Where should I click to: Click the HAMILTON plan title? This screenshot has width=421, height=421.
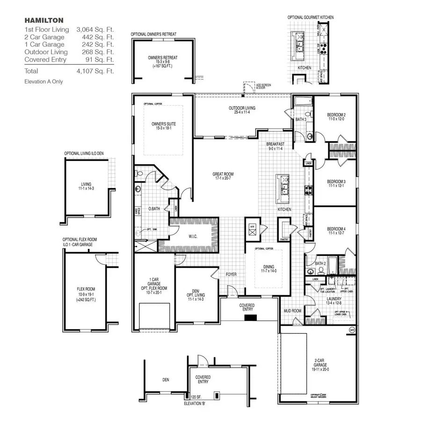click(x=44, y=21)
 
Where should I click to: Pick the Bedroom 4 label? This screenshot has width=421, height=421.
click(x=336, y=231)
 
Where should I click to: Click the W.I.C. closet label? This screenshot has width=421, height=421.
click(x=193, y=237)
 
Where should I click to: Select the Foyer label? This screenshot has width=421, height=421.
click(x=231, y=274)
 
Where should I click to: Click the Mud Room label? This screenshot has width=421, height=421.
click(x=292, y=310)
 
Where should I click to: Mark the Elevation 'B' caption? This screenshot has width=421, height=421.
click(x=199, y=401)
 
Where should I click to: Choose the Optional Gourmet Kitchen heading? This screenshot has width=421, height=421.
click(x=311, y=17)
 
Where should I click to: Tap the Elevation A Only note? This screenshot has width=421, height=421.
click(x=44, y=81)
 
